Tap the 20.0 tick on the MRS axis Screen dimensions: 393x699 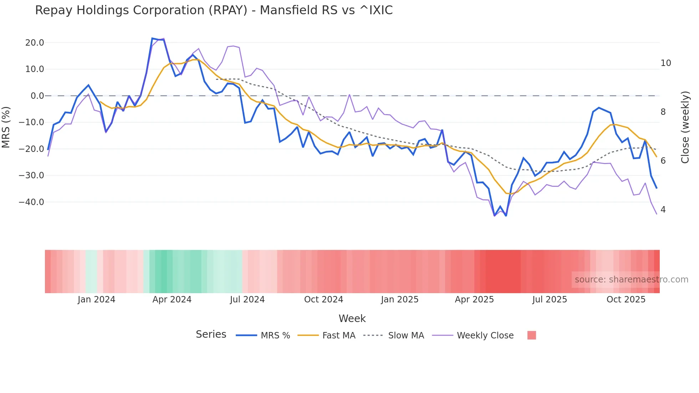point(35,43)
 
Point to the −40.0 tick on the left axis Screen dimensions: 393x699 point(31,202)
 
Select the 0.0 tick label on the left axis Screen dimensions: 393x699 point(37,96)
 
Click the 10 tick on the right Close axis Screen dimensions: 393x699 point(665,63)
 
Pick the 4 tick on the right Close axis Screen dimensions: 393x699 point(663,210)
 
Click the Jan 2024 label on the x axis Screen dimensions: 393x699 point(96,300)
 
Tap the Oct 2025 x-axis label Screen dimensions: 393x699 point(626,300)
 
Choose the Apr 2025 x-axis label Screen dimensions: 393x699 point(474,300)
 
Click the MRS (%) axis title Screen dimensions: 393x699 point(6,127)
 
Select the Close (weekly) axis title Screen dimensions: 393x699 point(685,127)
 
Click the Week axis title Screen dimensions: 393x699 point(352,318)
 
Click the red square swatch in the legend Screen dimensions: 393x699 point(531,335)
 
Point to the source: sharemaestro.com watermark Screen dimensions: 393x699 point(631,280)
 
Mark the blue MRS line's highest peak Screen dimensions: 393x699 point(152,38)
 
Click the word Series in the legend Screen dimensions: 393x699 point(211,335)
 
